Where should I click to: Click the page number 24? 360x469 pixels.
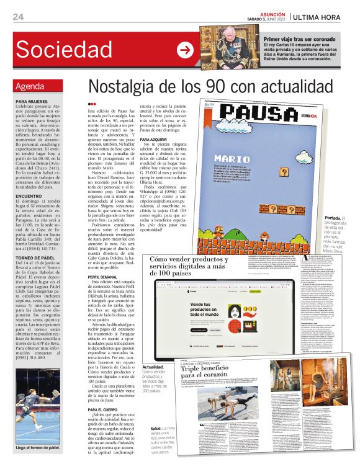19,17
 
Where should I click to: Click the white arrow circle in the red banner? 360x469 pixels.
185,50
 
